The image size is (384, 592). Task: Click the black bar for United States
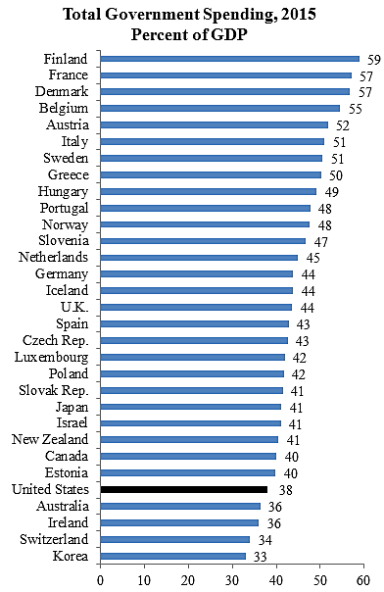pos(184,489)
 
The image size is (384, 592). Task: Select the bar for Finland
pos(230,59)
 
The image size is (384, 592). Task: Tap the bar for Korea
pos(173,556)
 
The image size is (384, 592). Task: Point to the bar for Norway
pos(205,224)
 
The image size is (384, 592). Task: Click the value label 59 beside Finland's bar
pos(373,59)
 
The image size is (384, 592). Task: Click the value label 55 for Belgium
pos(355,109)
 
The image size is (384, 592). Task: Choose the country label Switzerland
pos(54,539)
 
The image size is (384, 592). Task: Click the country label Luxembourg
pos(52,357)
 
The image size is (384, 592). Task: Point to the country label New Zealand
pos(51,439)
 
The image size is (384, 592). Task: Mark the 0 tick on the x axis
pos(100,580)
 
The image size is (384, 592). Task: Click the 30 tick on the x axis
pos(232,580)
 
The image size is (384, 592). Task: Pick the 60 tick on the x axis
pos(364,580)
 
